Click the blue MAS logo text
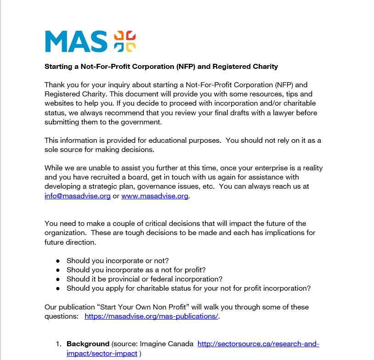click(76, 41)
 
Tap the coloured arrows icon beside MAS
click(125, 41)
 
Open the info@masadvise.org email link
click(78, 196)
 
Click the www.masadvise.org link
click(155, 196)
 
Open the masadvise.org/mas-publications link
click(152, 316)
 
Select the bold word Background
click(87, 344)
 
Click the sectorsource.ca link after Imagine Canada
click(258, 344)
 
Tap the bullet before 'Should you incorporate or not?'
click(58, 261)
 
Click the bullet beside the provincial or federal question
click(58, 279)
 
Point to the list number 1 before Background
click(58, 344)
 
